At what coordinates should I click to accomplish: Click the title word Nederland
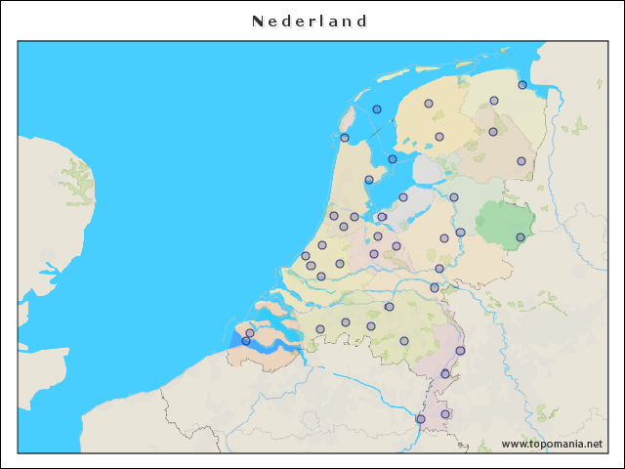(310, 21)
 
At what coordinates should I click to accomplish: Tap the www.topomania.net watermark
(552, 444)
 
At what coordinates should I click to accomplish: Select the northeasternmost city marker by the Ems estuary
(522, 85)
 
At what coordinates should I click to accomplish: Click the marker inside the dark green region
(521, 236)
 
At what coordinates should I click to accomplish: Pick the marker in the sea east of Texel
(377, 109)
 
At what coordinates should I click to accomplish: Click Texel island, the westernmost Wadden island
(347, 122)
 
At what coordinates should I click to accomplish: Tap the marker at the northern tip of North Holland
(345, 138)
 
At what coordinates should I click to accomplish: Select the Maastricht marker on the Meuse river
(421, 419)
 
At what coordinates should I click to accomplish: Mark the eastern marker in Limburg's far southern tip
(445, 414)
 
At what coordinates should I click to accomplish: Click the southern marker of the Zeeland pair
(246, 341)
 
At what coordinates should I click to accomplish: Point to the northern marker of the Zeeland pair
(250, 333)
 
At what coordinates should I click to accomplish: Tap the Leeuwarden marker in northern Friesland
(429, 104)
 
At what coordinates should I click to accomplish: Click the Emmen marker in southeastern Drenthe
(521, 161)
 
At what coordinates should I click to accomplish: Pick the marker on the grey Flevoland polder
(403, 197)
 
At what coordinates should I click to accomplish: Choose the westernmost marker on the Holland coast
(306, 256)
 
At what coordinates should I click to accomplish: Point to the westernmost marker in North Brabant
(320, 329)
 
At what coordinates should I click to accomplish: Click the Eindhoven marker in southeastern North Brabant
(404, 341)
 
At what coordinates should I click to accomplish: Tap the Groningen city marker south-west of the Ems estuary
(494, 101)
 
